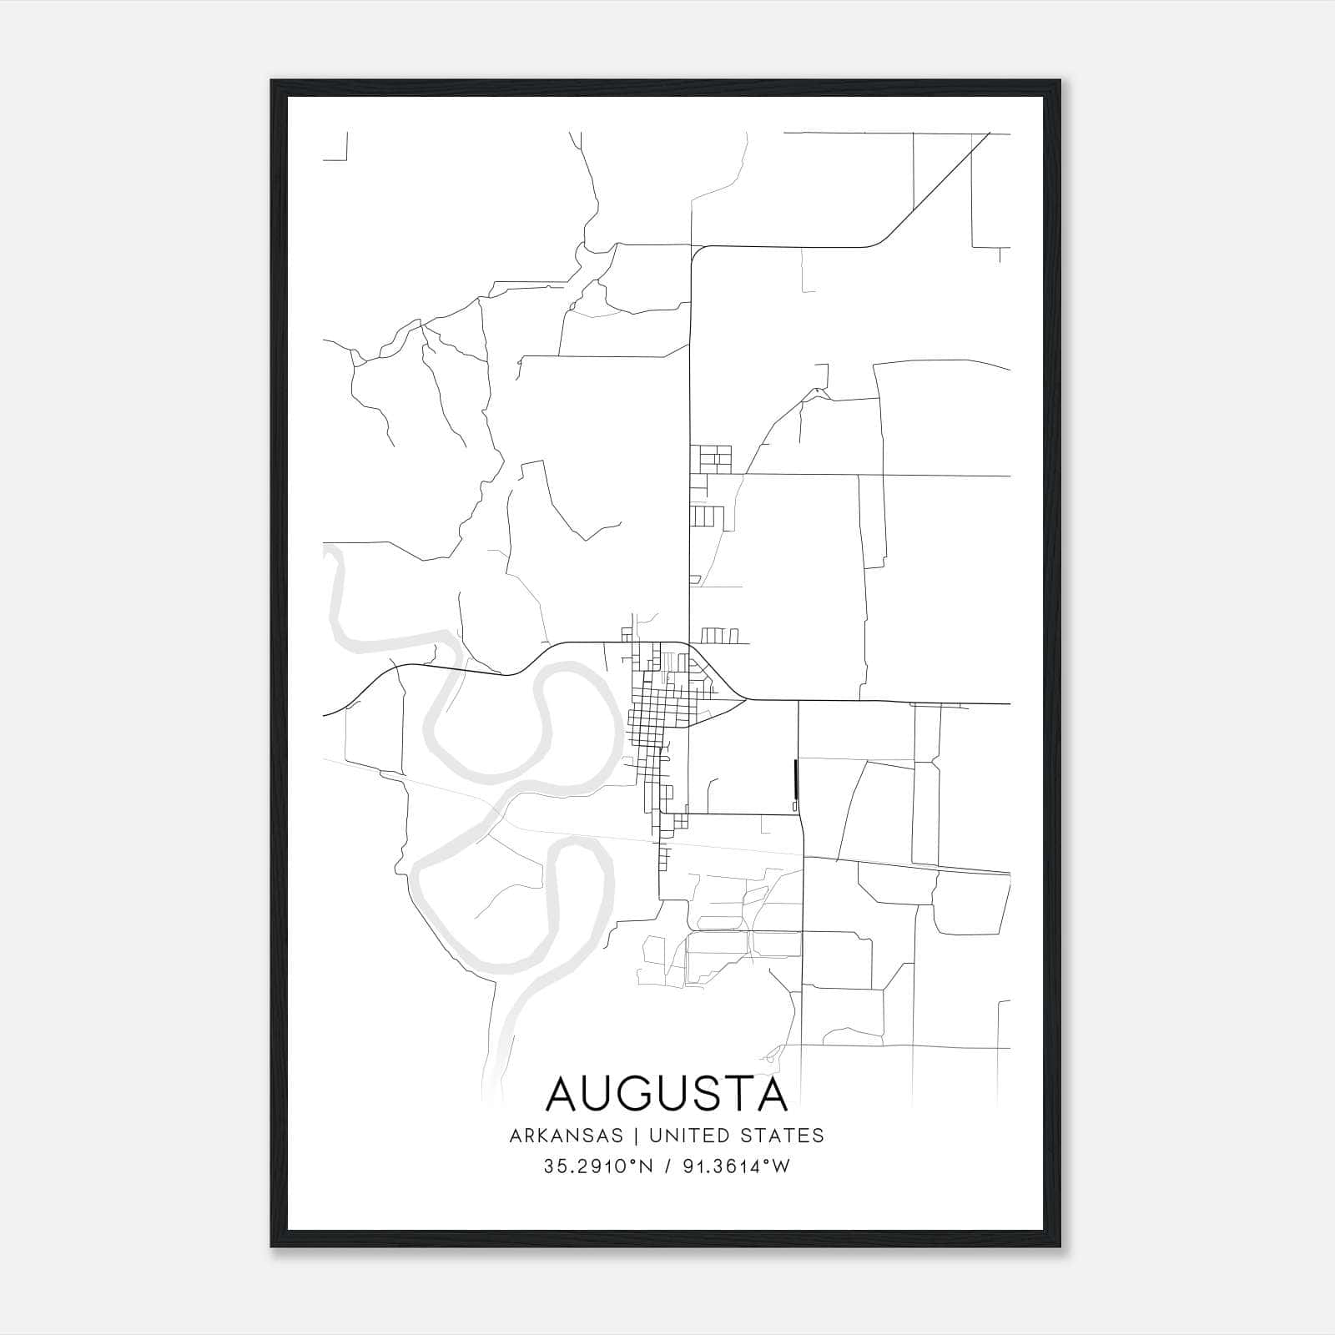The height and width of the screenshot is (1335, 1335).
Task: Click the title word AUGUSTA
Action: [667, 1095]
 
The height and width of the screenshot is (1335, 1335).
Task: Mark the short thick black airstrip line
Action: [796, 780]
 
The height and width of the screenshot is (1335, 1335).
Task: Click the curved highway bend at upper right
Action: [876, 242]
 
